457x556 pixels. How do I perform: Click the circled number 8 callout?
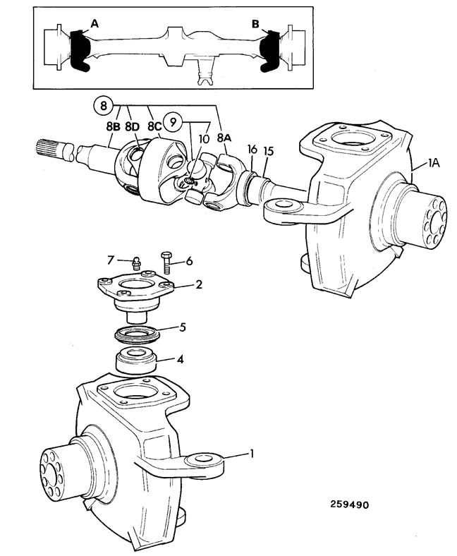pos(103,106)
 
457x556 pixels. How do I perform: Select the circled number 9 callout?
pos(173,122)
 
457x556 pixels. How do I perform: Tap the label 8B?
pos(114,127)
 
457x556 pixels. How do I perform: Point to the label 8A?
pos(224,138)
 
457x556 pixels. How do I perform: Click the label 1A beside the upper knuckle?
pos(434,163)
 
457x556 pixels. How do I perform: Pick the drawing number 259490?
pos(350,504)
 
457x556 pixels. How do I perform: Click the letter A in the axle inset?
pos(95,24)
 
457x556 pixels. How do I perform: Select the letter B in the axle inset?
pos(255,24)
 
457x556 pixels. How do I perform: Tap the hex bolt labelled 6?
pos(166,262)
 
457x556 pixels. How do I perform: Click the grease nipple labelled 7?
pos(135,264)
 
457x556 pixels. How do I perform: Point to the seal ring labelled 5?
pos(138,334)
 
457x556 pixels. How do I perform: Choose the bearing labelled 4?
pos(137,361)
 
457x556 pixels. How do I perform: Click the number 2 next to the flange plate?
pos(199,284)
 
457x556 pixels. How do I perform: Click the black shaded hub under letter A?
pos(80,51)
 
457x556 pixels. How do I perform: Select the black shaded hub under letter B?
pos(270,51)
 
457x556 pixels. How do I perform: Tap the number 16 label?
pos(252,150)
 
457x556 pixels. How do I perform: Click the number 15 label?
pos(269,152)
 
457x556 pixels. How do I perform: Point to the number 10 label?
pos(204,138)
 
